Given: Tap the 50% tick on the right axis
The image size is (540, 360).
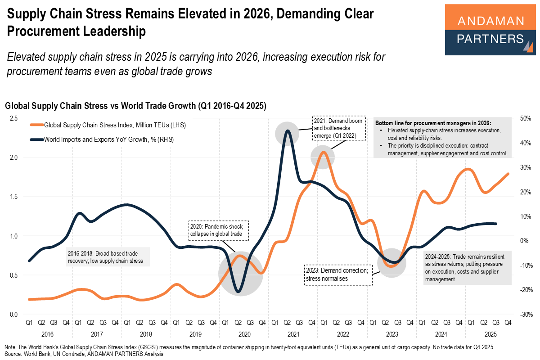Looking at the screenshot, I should point(526,118).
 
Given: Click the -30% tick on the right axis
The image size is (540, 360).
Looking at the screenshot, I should point(526,314).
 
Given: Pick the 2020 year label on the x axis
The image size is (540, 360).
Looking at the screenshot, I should point(244,334).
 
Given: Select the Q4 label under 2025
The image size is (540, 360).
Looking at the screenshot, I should point(508,322).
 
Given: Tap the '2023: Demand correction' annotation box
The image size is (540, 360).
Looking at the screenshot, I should point(338,275).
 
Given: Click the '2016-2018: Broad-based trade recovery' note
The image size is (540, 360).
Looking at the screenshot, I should point(108,257).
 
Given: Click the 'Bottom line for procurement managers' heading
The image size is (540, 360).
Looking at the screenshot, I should point(433,123).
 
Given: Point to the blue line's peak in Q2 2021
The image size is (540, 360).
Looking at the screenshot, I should point(287,131).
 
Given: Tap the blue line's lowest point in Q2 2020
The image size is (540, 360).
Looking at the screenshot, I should point(238,292).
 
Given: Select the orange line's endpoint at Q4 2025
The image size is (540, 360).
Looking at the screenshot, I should point(508,174).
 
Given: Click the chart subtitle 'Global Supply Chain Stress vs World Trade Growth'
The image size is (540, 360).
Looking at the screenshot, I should point(135,106).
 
